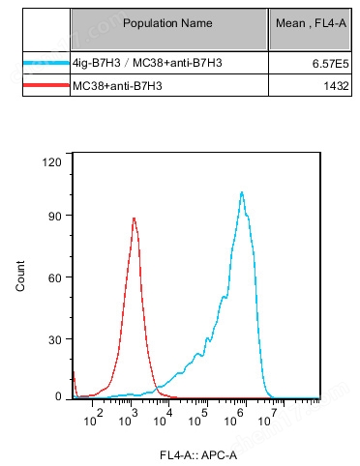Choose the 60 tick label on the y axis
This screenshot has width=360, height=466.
55,277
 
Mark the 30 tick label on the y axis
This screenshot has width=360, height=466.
55,337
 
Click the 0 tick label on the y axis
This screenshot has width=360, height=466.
58,396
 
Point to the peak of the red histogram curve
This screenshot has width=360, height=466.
134,218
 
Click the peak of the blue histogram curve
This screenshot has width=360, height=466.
241,192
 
